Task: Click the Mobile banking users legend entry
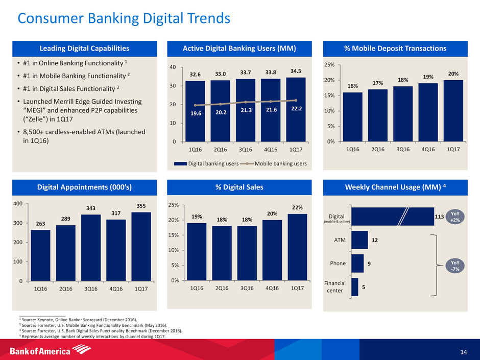click(277, 163)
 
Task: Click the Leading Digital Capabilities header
click(84, 49)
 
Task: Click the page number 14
click(463, 351)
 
